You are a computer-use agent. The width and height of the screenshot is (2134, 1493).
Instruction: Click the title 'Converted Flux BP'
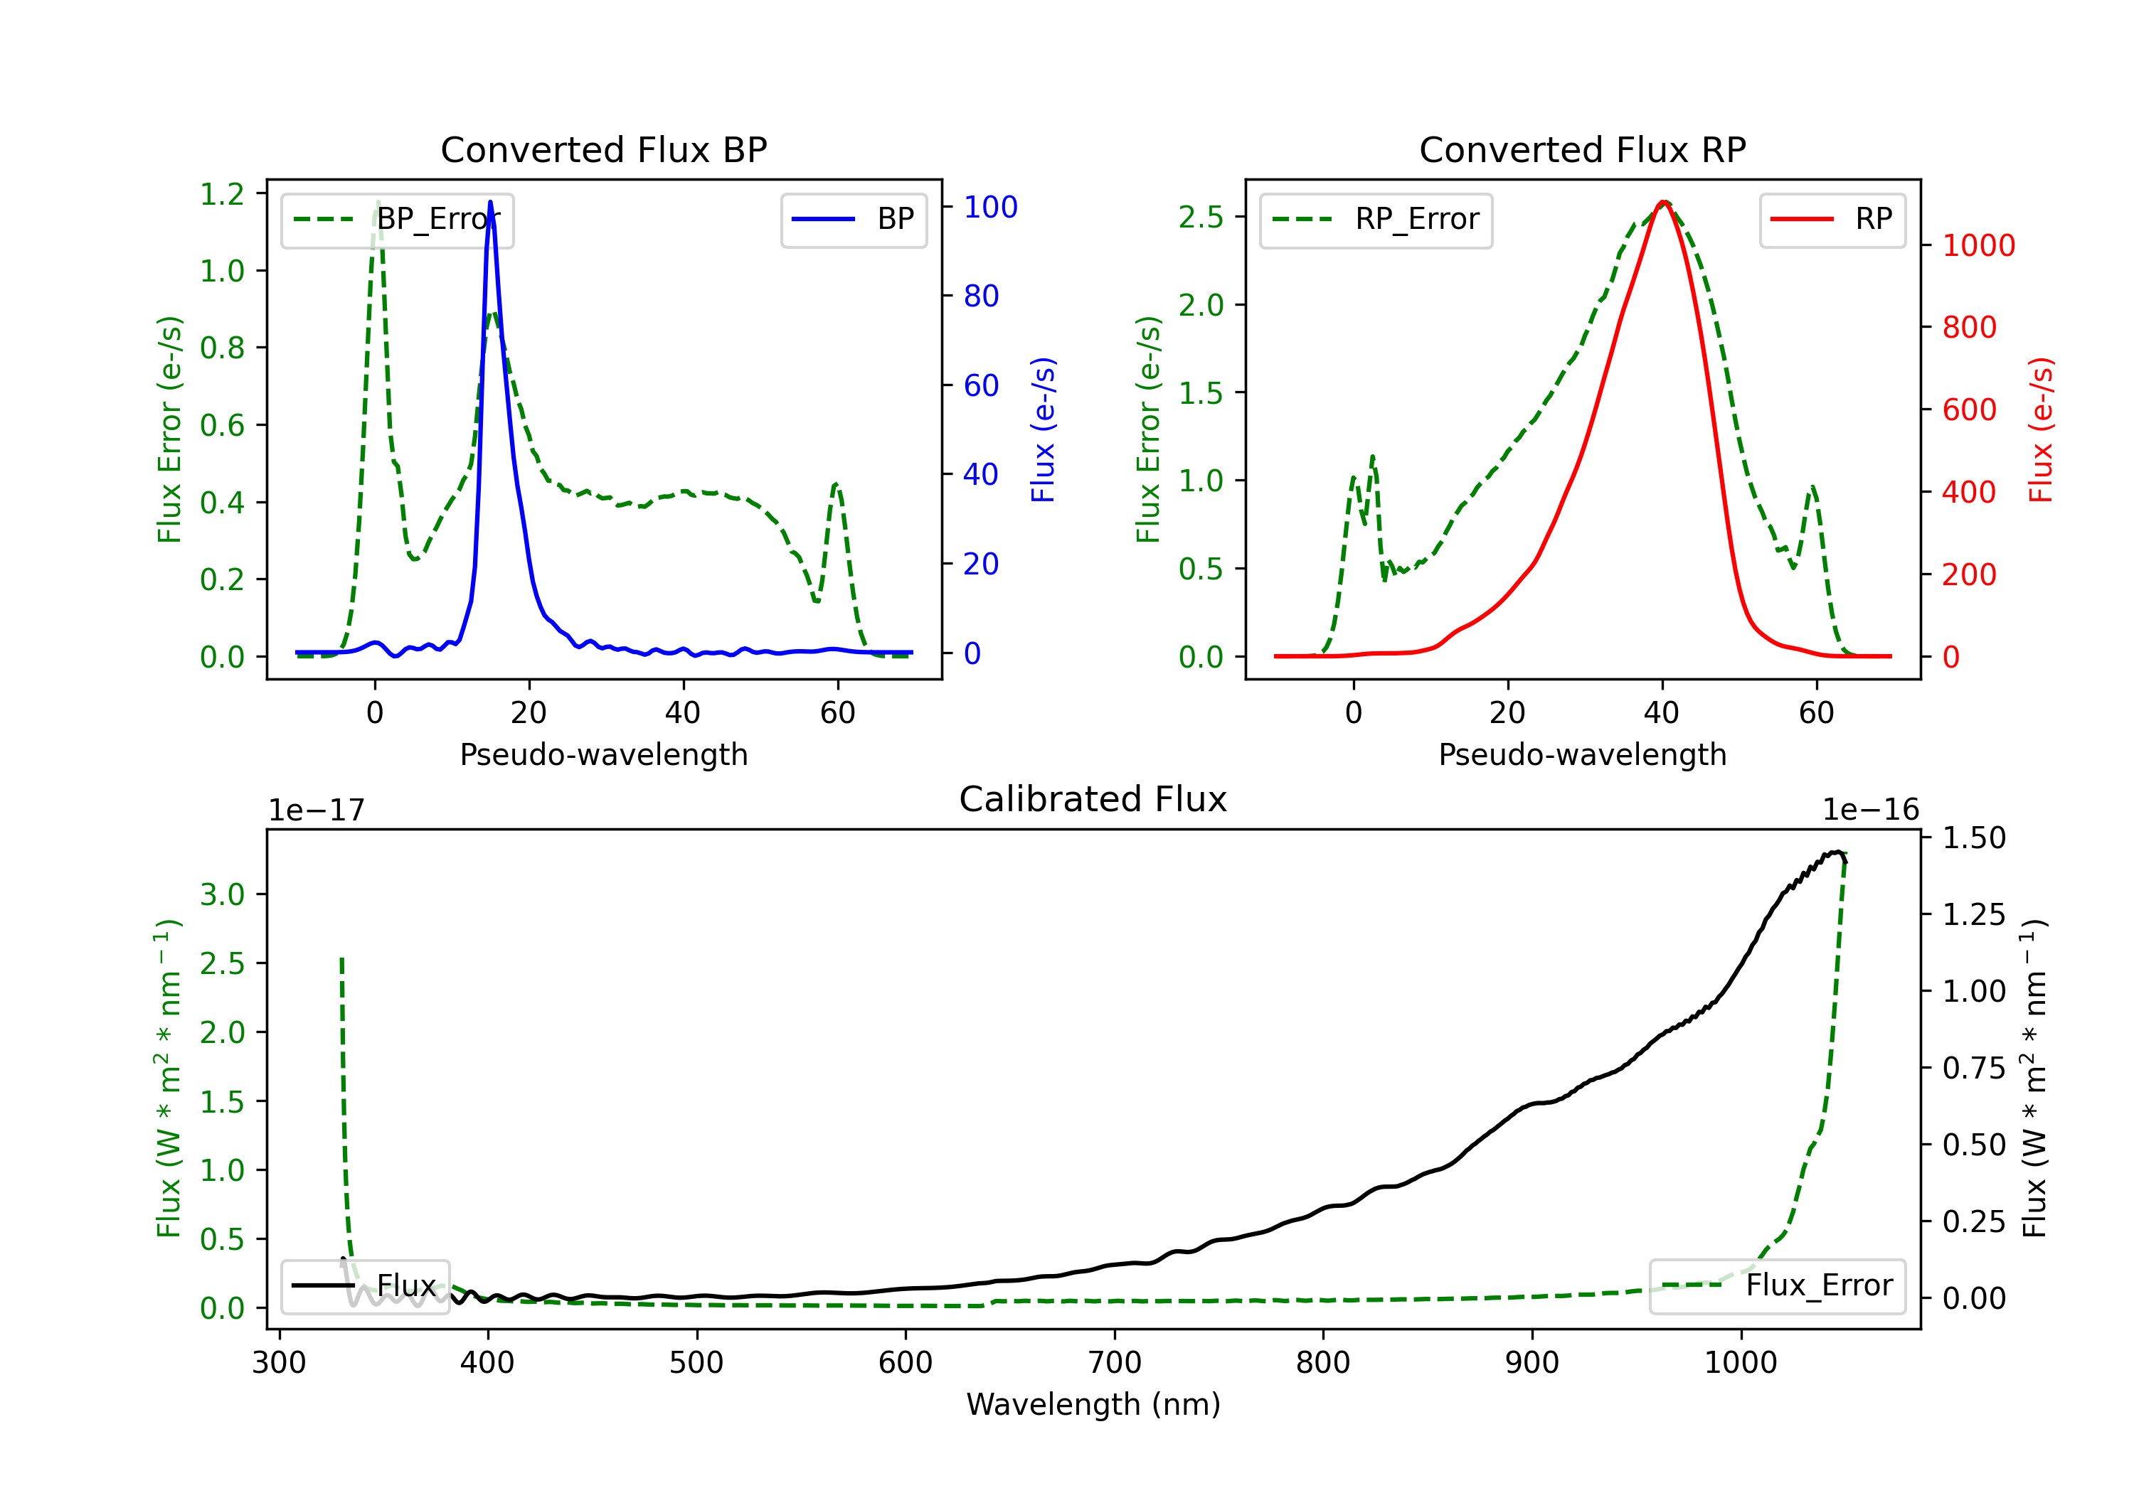point(603,149)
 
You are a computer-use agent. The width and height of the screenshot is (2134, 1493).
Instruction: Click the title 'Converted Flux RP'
point(1582,149)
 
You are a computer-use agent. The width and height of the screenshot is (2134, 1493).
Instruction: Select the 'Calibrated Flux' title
point(1093,799)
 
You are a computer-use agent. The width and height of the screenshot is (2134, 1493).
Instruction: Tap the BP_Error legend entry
point(397,220)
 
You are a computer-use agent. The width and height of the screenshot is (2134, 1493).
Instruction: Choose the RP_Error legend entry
point(1376,220)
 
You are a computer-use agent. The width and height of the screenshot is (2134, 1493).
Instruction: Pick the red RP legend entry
point(1832,220)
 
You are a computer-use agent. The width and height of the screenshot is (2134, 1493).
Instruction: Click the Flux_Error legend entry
point(1777,1286)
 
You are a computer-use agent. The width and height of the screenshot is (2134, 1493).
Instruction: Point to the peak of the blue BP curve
point(490,202)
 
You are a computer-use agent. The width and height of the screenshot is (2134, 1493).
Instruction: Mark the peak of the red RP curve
point(1664,202)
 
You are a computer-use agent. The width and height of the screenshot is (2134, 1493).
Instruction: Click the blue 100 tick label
point(990,207)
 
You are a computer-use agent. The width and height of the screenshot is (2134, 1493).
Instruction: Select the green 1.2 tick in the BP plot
point(222,194)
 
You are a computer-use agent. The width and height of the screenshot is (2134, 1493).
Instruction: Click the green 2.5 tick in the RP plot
point(1201,218)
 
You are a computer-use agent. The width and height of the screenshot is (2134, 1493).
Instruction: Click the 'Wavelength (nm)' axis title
point(1093,1404)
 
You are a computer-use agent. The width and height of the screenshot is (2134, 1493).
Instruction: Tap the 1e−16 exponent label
point(1870,810)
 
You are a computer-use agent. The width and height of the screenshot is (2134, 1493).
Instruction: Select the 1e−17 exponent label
point(316,810)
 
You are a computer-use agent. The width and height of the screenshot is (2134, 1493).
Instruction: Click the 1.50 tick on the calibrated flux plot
point(1974,838)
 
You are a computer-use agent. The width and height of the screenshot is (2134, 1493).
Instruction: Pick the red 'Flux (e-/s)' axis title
point(2041,430)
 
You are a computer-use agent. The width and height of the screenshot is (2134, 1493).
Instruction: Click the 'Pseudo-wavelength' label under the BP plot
point(603,754)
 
